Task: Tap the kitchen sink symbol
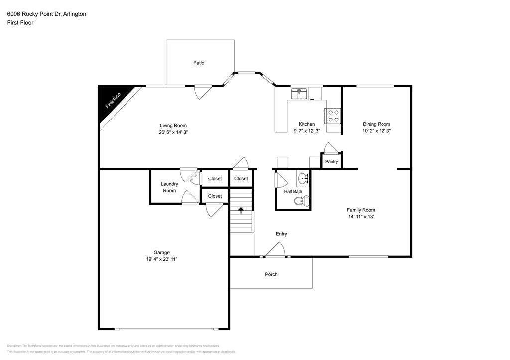click(300, 93)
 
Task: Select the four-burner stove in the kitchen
click(332, 116)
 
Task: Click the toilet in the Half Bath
click(300, 201)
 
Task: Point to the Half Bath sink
click(303, 178)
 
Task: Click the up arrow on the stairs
click(241, 210)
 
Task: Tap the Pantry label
click(331, 161)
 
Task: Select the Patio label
click(199, 63)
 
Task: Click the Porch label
click(271, 274)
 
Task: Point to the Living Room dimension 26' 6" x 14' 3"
click(173, 132)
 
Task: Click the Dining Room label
click(376, 124)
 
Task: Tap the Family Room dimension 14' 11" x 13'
click(361, 217)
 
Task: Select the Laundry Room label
click(169, 187)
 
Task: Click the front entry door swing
click(275, 250)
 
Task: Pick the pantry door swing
click(330, 148)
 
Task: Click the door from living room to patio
click(202, 92)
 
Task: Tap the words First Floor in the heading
click(20, 23)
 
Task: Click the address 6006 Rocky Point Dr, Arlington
click(46, 14)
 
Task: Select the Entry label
click(281, 234)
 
